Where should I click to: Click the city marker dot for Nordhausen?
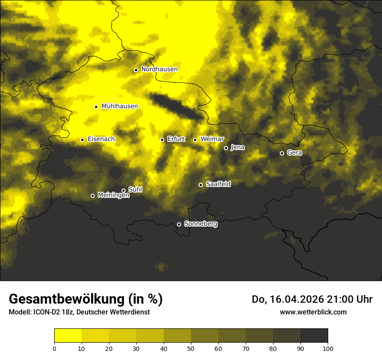(x=136, y=70)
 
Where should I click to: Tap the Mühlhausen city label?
(x=119, y=106)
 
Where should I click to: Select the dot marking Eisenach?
(x=82, y=140)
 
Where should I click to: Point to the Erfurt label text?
(x=176, y=139)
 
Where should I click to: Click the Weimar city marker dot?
(x=195, y=140)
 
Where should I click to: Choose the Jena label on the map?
(x=237, y=147)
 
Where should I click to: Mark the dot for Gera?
(x=282, y=153)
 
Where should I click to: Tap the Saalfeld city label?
(x=218, y=184)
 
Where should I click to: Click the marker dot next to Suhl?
(x=123, y=190)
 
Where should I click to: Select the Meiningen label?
(x=113, y=196)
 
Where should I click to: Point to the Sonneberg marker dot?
(x=179, y=224)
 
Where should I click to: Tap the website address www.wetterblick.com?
(x=313, y=312)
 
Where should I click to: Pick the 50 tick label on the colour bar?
(x=191, y=348)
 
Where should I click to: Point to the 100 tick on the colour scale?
(x=328, y=348)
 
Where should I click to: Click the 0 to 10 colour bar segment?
(x=68, y=336)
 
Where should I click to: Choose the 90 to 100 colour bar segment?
(x=314, y=336)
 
